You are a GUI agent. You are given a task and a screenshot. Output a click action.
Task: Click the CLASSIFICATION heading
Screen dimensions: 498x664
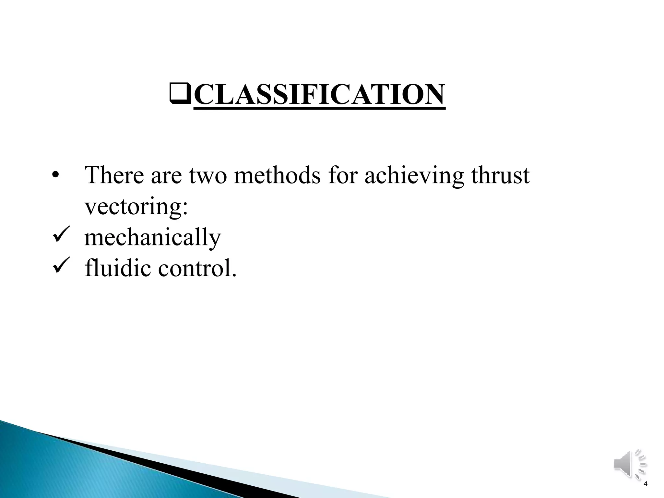tap(319, 95)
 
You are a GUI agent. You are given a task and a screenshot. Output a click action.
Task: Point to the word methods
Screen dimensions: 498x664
tap(277, 175)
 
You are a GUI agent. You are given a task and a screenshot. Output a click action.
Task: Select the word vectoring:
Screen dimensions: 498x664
tap(136, 207)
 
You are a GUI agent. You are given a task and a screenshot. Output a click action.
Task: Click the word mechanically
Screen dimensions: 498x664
tap(152, 238)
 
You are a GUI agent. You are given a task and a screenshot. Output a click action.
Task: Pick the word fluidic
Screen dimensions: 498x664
tap(118, 268)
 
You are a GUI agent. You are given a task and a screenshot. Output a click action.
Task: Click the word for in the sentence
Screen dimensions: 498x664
tap(343, 175)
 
